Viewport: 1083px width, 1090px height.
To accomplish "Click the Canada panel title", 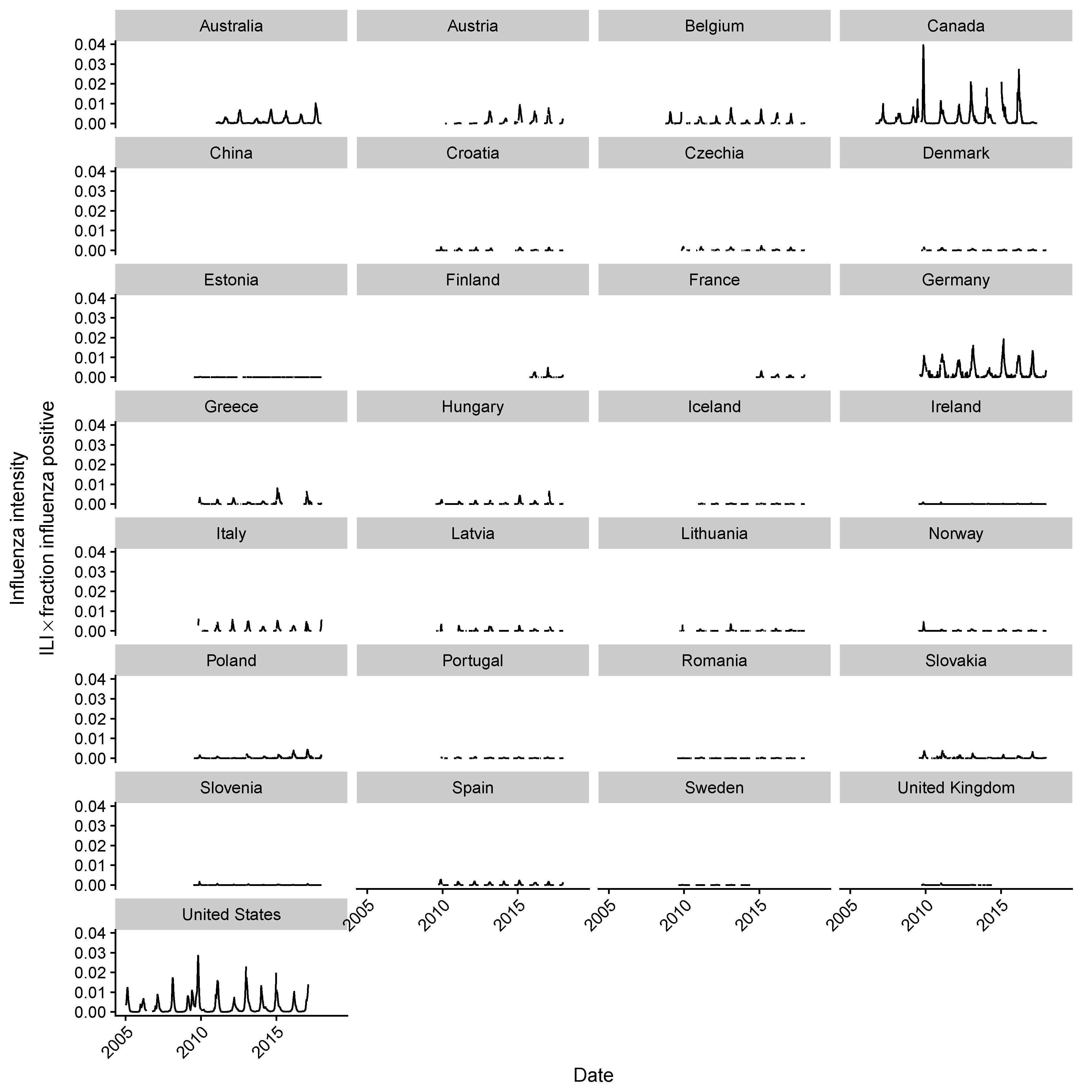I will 956,26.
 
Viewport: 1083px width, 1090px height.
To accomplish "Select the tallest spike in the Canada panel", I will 923,46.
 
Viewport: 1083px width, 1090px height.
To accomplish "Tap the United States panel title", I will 231,914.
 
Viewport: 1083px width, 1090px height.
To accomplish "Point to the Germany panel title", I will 956,280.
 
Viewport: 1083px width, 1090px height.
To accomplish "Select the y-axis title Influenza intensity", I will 18,527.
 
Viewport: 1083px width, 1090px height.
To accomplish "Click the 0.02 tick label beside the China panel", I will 90,211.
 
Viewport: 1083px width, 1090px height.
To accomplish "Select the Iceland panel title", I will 714,407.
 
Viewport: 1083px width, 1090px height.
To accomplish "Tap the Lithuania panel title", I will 714,534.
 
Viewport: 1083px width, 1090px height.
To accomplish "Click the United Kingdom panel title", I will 956,788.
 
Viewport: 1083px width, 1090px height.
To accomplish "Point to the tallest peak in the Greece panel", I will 277,489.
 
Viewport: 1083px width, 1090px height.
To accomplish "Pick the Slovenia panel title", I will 231,788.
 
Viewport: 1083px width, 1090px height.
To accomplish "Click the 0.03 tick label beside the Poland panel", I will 90,699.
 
